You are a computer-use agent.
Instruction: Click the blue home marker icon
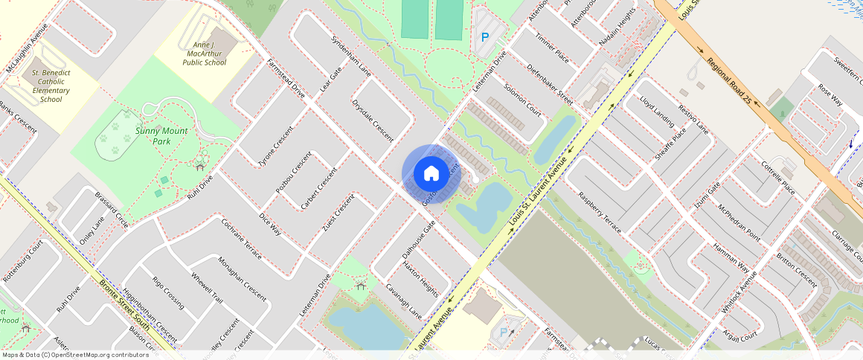pyautogui.click(x=431, y=173)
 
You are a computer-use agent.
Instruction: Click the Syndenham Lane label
pyautogui.click(x=350, y=56)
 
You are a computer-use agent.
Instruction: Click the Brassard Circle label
pyautogui.click(x=112, y=210)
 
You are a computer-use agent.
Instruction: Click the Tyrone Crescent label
pyautogui.click(x=275, y=147)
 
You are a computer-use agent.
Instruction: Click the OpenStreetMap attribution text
pyautogui.click(x=74, y=355)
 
